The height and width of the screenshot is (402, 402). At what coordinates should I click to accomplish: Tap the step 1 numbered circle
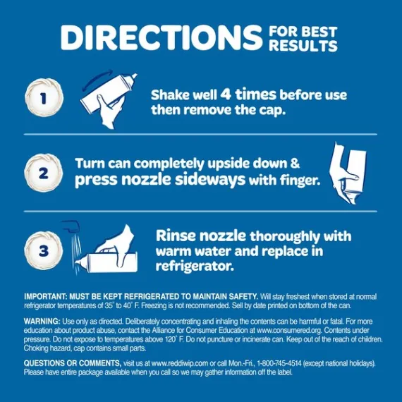[44, 98]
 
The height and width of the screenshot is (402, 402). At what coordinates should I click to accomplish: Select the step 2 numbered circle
[43, 173]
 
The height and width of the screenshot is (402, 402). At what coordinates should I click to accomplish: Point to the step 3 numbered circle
[43, 250]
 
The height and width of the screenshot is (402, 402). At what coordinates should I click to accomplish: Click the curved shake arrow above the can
[97, 78]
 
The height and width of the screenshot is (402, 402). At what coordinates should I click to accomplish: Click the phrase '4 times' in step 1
[248, 94]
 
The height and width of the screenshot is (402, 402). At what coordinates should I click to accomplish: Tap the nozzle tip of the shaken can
[135, 75]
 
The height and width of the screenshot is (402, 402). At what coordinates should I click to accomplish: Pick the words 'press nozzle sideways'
[160, 179]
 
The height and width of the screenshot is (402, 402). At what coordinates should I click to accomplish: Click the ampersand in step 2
[295, 164]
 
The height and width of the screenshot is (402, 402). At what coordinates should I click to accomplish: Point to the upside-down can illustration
[348, 173]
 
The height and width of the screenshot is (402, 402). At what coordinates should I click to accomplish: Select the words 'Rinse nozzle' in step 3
[201, 235]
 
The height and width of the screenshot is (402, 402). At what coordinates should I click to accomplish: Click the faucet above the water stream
[71, 226]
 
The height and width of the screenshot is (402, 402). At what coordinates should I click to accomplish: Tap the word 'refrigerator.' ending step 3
[195, 266]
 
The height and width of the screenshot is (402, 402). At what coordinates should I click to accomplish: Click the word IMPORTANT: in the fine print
[46, 297]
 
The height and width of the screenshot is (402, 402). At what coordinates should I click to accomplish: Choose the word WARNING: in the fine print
[42, 321]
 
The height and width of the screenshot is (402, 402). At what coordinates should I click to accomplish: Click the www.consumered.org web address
[289, 330]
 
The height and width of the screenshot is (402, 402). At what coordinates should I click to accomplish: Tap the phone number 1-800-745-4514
[279, 363]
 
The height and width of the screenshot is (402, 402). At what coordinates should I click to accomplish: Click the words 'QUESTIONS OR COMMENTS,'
[73, 363]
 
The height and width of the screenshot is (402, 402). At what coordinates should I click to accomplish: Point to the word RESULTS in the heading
[303, 46]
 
